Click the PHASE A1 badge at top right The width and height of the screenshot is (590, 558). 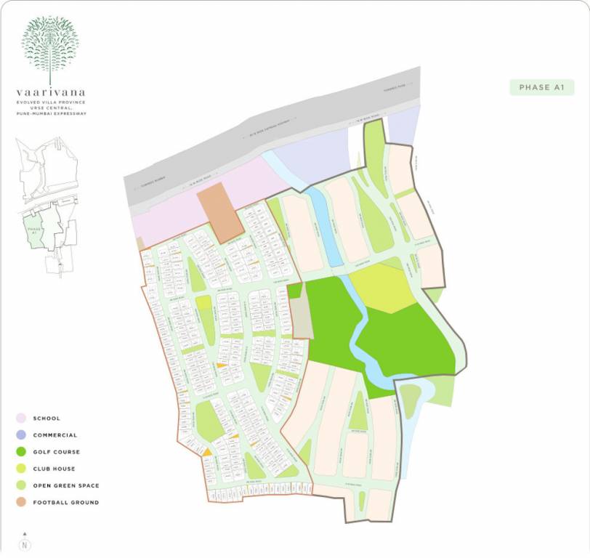tap(542, 88)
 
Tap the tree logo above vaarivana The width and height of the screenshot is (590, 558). tap(49, 47)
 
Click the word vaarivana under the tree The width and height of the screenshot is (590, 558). tap(50, 92)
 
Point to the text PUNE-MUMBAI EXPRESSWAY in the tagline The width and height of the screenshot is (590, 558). tap(50, 113)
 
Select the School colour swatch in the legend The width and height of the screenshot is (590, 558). tap(21, 418)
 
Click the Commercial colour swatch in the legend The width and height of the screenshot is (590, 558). tap(21, 435)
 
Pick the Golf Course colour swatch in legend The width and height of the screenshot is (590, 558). tap(21, 452)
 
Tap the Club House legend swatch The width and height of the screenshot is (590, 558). tap(21, 469)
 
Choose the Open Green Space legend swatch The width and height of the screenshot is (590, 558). tap(21, 485)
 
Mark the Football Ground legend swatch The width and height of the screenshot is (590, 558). tap(21, 502)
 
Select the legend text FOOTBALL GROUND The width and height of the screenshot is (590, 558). tap(66, 502)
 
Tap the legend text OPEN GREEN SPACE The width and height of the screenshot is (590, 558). tap(66, 485)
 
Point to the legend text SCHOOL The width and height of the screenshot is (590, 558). tap(47, 418)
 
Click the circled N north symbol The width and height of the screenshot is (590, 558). tap(25, 544)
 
